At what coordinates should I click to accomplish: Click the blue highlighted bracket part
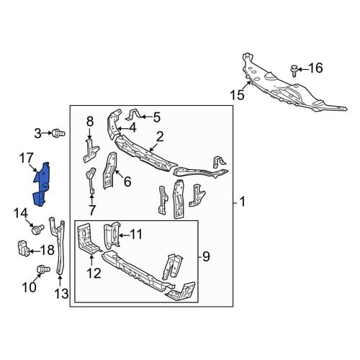coord(41,185)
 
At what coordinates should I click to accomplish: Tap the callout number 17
coord(26,158)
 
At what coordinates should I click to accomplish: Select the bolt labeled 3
coord(58,132)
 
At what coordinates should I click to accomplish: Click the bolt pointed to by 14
coord(37,229)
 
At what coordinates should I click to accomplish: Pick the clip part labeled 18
coord(24,248)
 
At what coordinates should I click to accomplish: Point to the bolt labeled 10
coord(43,269)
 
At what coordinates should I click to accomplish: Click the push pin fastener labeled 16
coord(294,71)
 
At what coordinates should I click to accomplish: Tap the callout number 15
coord(237,95)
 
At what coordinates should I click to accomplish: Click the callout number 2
coord(160,137)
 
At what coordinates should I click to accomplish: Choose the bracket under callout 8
coord(91,150)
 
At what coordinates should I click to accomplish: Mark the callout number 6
coord(127,181)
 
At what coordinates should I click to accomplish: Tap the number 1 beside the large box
coord(243,202)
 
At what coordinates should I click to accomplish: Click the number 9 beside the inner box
coord(206,256)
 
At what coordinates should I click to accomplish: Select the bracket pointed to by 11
coord(112,235)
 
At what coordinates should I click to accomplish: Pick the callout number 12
coord(94,274)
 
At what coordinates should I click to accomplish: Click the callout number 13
coord(62,293)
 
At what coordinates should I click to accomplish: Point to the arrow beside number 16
coord(303,70)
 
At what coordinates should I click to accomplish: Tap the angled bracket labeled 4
coord(114,125)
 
